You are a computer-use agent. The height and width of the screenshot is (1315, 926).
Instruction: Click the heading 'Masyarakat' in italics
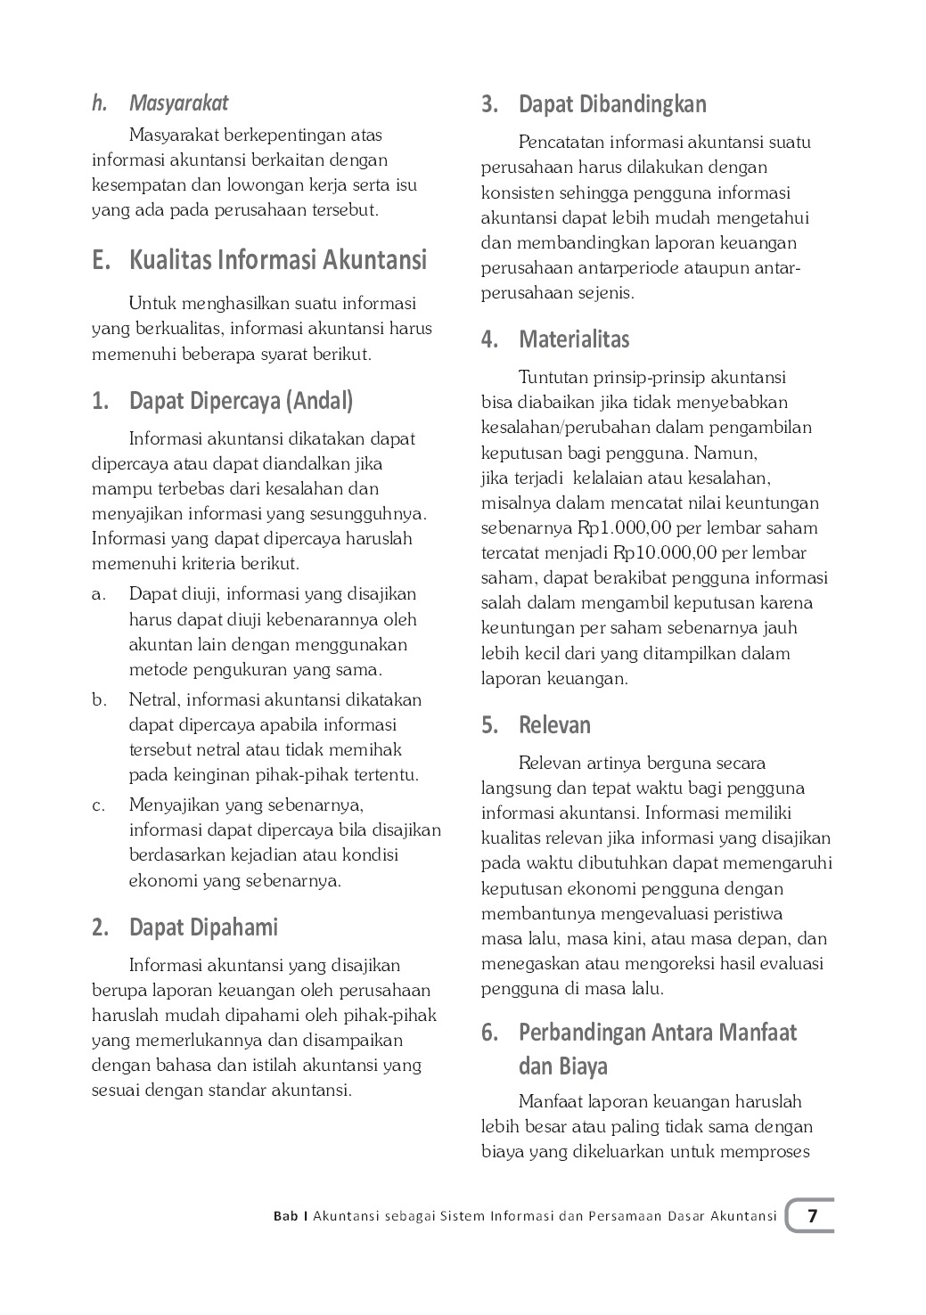178,103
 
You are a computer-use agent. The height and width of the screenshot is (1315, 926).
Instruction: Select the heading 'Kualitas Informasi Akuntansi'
278,260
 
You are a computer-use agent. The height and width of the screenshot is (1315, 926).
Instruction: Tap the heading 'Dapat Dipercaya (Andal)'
241,401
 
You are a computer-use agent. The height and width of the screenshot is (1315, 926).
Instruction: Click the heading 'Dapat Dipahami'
203,927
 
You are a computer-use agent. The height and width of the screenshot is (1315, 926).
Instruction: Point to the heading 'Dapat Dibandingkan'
612,104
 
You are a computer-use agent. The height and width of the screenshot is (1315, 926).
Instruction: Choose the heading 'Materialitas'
574,339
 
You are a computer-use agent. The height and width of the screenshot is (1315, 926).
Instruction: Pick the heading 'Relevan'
554,725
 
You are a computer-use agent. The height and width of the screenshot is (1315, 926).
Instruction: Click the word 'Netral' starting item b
153,699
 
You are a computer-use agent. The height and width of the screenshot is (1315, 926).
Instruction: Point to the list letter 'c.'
99,805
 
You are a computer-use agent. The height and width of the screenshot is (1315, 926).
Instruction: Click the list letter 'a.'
99,594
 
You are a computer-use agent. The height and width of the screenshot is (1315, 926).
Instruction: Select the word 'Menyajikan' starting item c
174,805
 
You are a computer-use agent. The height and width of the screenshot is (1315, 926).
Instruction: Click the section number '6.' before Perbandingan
489,1033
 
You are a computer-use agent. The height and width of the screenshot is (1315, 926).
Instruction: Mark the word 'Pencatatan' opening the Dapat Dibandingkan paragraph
560,143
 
